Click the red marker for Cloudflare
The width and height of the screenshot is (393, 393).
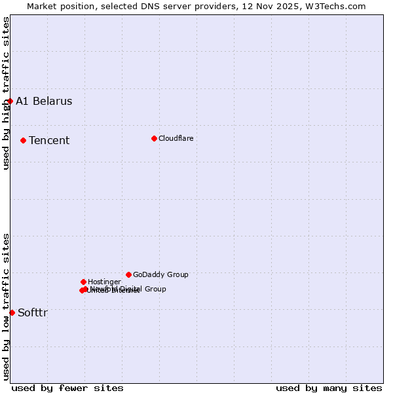click(x=154, y=138)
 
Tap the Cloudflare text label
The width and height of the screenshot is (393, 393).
click(x=176, y=138)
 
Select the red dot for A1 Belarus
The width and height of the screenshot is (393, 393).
click(x=10, y=101)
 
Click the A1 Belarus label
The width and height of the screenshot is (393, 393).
click(x=44, y=101)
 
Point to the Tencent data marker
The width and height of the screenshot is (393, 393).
click(x=23, y=140)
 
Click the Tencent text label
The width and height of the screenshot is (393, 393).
click(x=49, y=140)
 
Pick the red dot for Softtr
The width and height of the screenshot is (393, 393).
click(x=12, y=312)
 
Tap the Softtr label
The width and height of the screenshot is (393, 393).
click(x=33, y=312)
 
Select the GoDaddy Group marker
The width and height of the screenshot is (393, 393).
click(x=128, y=274)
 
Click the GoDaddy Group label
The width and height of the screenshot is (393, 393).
click(x=160, y=274)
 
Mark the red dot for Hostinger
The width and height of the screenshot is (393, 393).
click(x=83, y=282)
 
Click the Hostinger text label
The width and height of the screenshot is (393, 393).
click(x=104, y=282)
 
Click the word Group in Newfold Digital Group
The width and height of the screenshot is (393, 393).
click(x=155, y=289)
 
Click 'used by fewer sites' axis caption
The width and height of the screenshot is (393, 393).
click(x=67, y=388)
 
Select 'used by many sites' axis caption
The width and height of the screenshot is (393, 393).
click(x=329, y=388)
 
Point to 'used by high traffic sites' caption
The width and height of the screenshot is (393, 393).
click(x=6, y=93)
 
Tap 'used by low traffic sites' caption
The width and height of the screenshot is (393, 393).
click(x=6, y=307)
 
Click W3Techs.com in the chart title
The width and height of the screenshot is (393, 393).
click(x=337, y=6)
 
